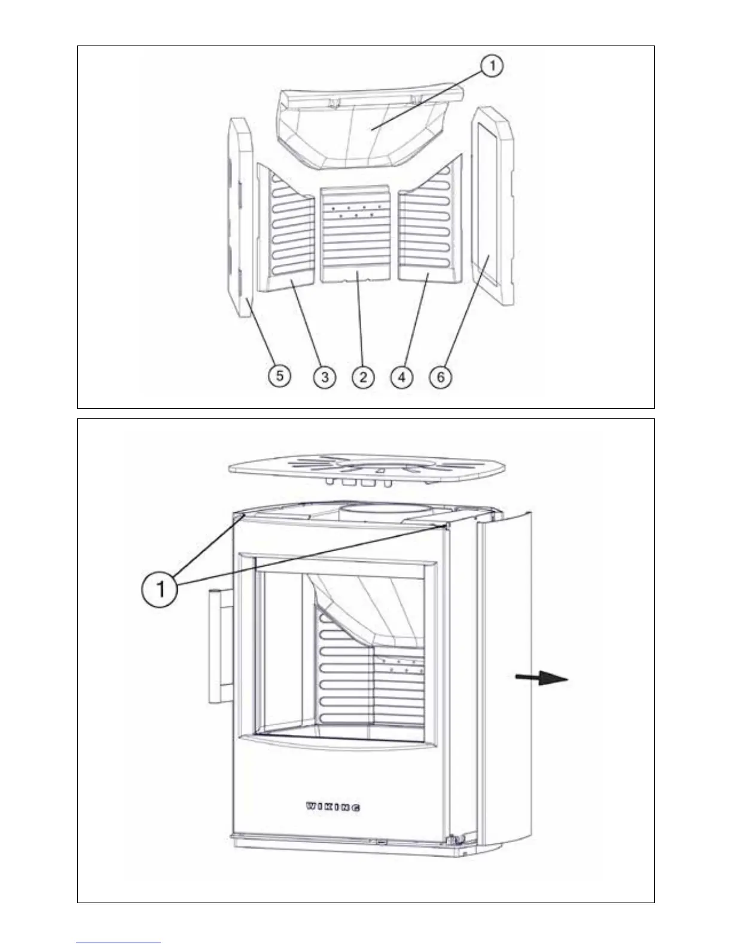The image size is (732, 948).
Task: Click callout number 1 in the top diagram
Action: (492, 66)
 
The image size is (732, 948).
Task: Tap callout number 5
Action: (280, 377)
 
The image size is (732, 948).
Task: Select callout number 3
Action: (324, 377)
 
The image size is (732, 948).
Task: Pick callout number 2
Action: (362, 377)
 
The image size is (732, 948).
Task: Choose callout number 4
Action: (402, 377)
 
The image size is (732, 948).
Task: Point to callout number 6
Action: (441, 377)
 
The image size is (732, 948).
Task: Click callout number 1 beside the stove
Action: (160, 590)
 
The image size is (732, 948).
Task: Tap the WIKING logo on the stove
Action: (333, 807)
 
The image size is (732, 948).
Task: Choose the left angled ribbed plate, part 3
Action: (286, 230)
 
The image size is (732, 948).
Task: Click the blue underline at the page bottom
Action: (118, 943)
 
